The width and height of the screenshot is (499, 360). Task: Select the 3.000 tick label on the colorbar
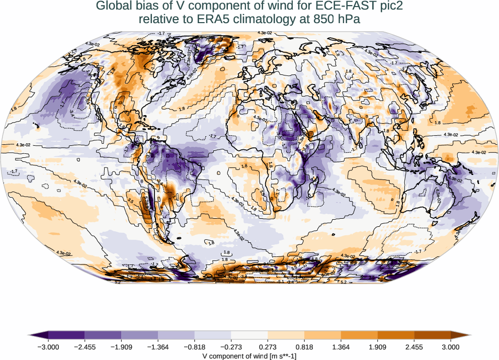click(451, 346)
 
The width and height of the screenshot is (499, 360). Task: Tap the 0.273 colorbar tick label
click(268, 346)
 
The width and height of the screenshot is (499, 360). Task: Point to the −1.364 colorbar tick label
click(157, 346)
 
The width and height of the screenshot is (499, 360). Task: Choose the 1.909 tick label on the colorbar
click(378, 346)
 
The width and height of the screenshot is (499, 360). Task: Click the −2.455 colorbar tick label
click(84, 346)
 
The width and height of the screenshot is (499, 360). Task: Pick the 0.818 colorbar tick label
click(304, 346)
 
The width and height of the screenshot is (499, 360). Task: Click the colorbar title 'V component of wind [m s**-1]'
click(249, 355)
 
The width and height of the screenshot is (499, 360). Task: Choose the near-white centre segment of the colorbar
click(249, 334)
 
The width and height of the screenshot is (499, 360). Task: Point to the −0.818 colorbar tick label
click(194, 346)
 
